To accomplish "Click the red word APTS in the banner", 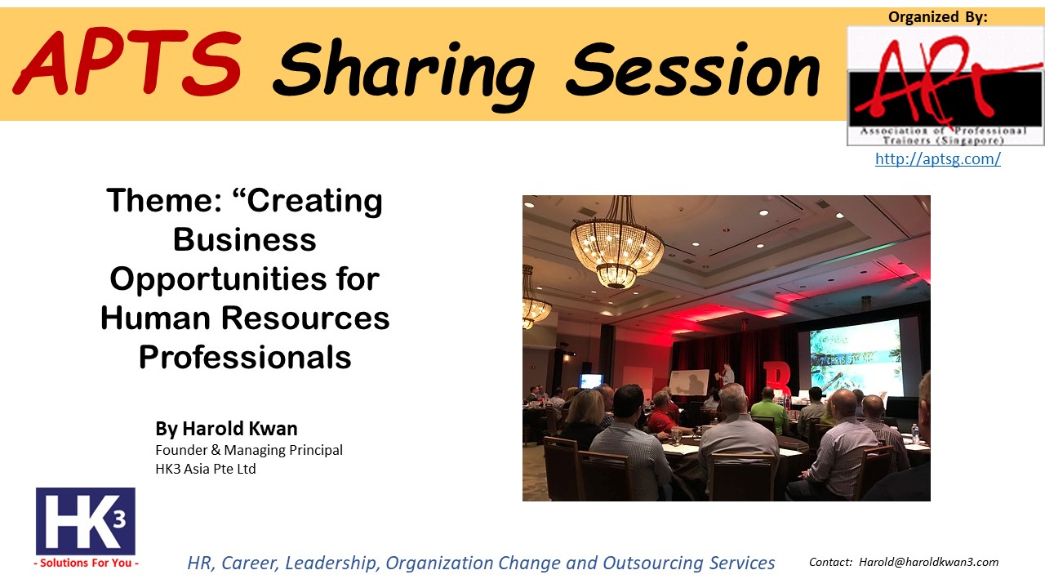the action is click(x=127, y=63).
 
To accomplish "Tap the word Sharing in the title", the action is click(x=404, y=73).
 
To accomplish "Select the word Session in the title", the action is click(x=693, y=69).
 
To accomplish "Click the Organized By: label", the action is click(x=938, y=17).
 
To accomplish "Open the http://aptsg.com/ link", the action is click(x=938, y=158).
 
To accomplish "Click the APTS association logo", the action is click(x=945, y=87).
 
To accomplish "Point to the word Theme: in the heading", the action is click(x=164, y=201).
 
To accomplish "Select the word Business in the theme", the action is click(x=245, y=240).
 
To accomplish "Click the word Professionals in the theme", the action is click(x=245, y=358).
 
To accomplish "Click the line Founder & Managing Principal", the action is click(x=249, y=450).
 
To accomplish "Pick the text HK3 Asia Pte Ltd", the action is click(x=206, y=469).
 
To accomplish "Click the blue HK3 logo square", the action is click(x=86, y=521).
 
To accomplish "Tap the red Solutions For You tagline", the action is click(x=87, y=563).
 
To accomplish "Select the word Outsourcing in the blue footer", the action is click(x=652, y=563).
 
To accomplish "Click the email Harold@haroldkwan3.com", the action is click(x=929, y=562).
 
